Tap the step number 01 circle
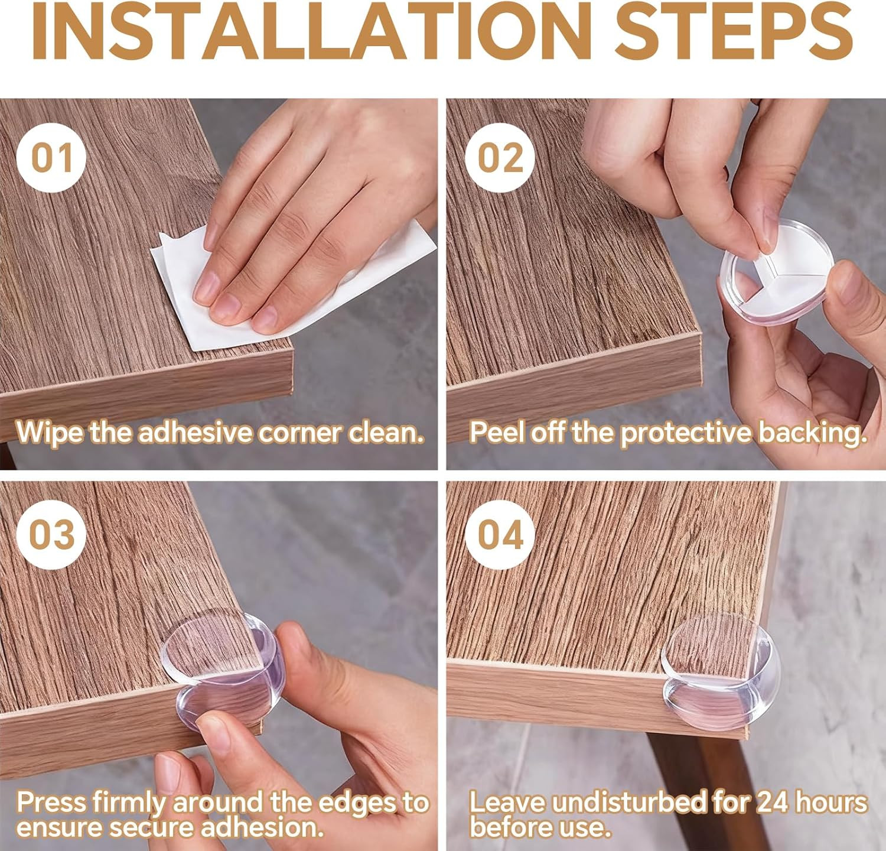point(51,158)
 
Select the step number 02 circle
point(500,158)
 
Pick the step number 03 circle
point(51,535)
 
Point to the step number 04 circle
point(500,535)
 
